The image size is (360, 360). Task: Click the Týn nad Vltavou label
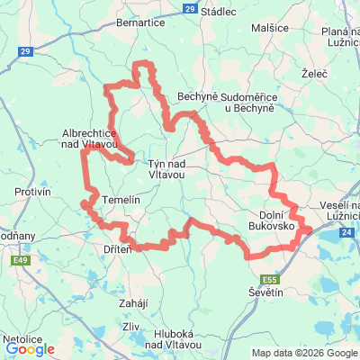(x=166, y=169)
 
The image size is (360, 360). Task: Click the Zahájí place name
(x=133, y=303)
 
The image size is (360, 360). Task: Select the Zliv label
(x=131, y=326)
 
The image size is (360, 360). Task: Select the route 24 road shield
(x=347, y=233)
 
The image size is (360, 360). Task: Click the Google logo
(x=30, y=348)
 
